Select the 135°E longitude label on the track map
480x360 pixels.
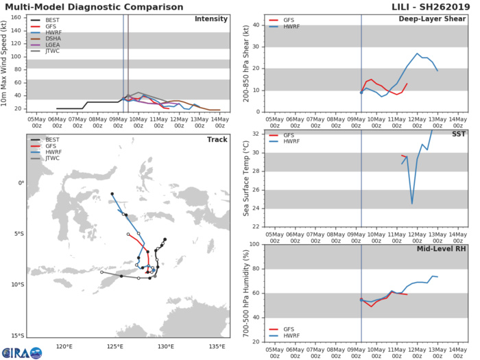pyautogui.click(x=220, y=346)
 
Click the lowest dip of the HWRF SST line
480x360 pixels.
pyautogui.click(x=411, y=203)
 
